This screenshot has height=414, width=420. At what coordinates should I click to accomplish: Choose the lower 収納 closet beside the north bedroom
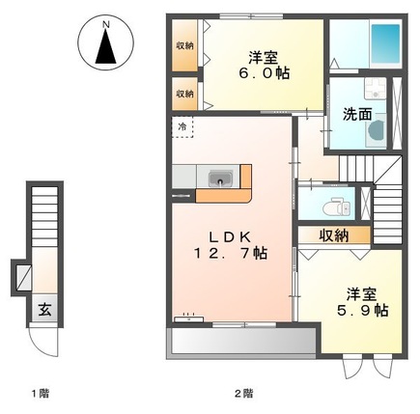tap(183, 95)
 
